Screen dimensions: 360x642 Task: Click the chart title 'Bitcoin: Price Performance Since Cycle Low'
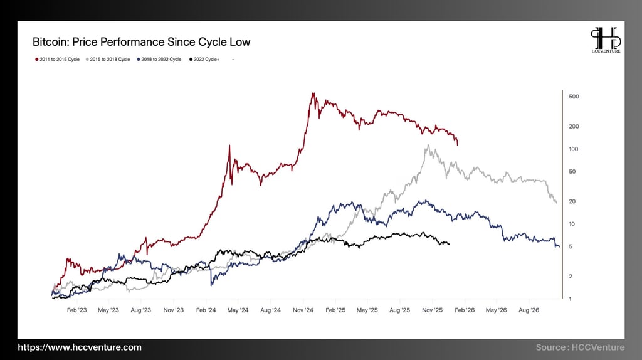click(141, 42)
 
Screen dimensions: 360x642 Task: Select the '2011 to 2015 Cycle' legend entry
click(57, 59)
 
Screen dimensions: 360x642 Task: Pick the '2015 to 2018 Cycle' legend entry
click(107, 59)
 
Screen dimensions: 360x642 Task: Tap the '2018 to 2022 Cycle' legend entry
click(159, 59)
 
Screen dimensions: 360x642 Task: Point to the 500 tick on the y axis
click(573, 97)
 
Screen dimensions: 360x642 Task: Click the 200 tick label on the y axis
click(573, 126)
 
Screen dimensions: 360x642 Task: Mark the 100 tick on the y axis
click(573, 149)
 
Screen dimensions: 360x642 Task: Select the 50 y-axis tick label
click(572, 171)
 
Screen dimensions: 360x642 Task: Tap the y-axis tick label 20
click(572, 201)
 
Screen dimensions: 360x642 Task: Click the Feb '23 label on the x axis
click(76, 310)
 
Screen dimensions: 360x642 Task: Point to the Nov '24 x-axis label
click(303, 310)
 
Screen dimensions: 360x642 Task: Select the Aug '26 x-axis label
click(529, 310)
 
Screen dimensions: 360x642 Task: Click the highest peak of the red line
click(313, 94)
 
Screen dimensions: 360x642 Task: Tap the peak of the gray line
click(428, 146)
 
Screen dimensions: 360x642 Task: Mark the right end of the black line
click(449, 243)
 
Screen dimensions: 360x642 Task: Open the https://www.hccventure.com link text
click(80, 347)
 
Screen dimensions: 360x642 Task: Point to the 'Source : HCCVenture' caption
click(580, 347)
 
